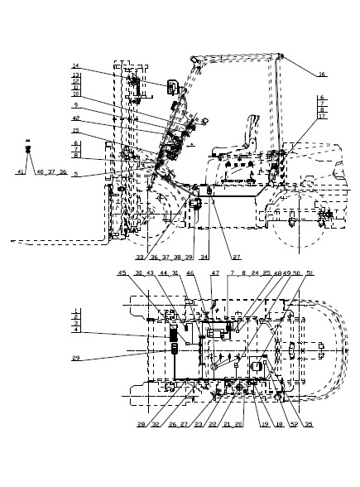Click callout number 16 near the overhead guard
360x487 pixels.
(x=322, y=75)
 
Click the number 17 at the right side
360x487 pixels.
(x=320, y=118)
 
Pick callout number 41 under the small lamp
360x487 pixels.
(x=21, y=171)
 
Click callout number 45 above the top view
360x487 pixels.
(x=122, y=274)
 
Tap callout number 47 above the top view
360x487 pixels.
(x=216, y=274)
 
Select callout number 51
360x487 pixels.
(x=287, y=274)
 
